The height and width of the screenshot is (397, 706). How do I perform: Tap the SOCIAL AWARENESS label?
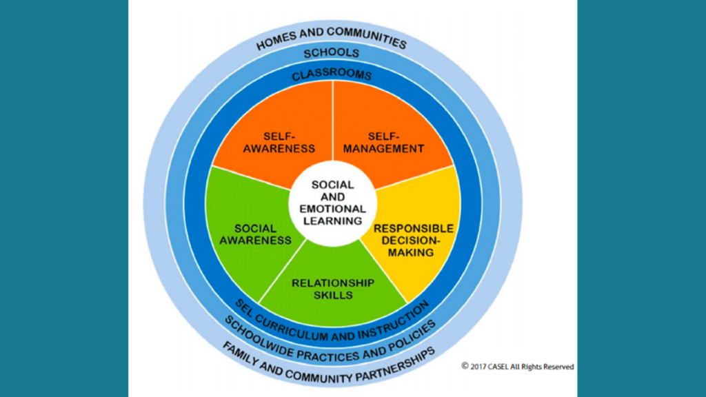pyautogui.click(x=255, y=234)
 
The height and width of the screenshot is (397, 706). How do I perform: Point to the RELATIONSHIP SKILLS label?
pyautogui.click(x=333, y=289)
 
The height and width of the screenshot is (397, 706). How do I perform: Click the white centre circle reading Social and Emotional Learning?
pyautogui.click(x=333, y=203)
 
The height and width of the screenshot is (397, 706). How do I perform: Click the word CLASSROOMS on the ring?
pyautogui.click(x=332, y=74)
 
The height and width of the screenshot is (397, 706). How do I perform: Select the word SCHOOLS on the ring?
pyautogui.click(x=332, y=53)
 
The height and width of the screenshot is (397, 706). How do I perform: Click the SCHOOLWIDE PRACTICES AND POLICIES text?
pyautogui.click(x=332, y=343)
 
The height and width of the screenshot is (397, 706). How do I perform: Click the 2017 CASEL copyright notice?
pyautogui.click(x=517, y=367)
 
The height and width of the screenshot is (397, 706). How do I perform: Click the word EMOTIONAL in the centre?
pyautogui.click(x=333, y=209)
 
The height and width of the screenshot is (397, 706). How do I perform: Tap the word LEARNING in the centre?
pyautogui.click(x=333, y=221)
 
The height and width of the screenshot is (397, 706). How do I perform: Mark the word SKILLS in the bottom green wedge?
pyautogui.click(x=333, y=295)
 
